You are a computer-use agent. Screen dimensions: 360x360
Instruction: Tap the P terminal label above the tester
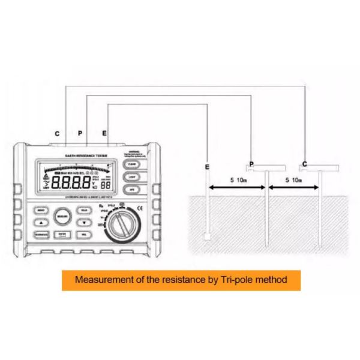tap(80, 132)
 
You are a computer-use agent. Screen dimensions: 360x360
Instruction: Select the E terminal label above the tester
tap(105, 132)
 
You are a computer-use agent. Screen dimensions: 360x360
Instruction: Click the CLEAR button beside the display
tap(132, 164)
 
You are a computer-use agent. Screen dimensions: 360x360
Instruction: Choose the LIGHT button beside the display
tap(132, 177)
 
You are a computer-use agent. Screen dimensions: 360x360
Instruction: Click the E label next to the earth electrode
tap(208, 166)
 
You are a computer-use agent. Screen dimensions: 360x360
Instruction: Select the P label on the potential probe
tap(251, 164)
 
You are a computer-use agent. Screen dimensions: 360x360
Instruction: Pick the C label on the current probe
tap(305, 164)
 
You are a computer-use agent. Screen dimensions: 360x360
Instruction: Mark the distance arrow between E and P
tap(236, 188)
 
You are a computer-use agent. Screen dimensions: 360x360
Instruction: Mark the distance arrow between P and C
tap(294, 188)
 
